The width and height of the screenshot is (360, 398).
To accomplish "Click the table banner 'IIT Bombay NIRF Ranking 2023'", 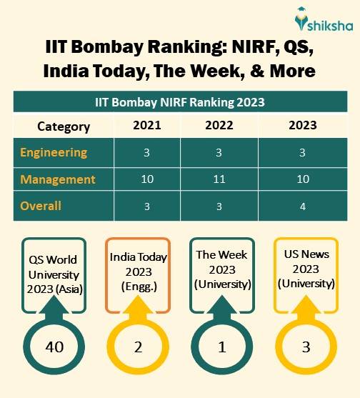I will pos(180,101).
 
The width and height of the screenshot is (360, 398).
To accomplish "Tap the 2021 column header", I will pos(146,126).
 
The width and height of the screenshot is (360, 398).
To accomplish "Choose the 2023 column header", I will pos(303,126).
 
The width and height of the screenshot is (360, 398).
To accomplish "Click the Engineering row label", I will pos(54,152).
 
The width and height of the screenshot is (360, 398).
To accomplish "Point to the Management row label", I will pos(57,179).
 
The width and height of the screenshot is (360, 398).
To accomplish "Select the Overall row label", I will pos(41,206).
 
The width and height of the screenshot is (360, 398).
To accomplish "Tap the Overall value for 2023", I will pos(303,206).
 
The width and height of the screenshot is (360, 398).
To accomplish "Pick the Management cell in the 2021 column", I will pos(146,179).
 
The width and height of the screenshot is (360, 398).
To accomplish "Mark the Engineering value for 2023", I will pos(303,152).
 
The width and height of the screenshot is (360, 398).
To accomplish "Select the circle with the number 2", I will pos(139,348).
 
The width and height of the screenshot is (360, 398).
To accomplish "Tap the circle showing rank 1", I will pos(222,348).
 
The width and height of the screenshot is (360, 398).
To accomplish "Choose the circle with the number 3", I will pos(305,348).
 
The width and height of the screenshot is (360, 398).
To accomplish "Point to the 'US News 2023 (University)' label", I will pos(305,270).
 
